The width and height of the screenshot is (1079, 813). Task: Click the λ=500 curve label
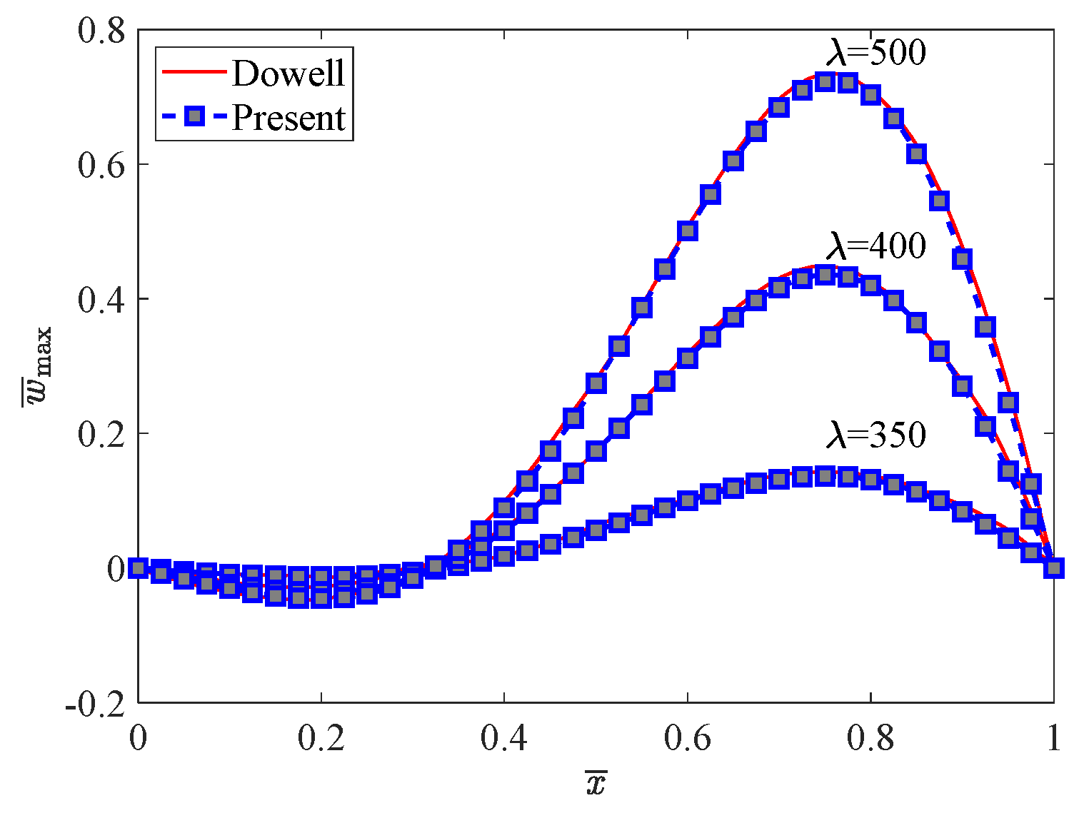tap(875, 53)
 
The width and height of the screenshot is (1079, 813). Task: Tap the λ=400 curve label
tap(875, 246)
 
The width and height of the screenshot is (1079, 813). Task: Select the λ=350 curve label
tap(875, 435)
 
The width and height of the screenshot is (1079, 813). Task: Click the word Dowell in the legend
tap(288, 73)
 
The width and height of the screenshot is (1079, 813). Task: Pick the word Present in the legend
tap(288, 118)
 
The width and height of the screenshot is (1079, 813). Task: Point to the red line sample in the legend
tap(193, 71)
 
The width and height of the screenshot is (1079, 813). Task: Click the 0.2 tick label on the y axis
tap(101, 434)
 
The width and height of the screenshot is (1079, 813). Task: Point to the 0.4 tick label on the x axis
tap(504, 739)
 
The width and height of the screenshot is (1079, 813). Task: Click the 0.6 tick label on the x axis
tap(687, 739)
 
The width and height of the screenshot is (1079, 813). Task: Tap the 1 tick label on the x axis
tap(1053, 739)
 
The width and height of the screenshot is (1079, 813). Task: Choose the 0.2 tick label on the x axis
tap(321, 739)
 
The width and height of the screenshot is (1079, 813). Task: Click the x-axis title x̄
tap(595, 784)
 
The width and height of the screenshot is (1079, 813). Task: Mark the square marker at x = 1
tap(1053, 568)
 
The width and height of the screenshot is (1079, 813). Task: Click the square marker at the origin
tap(139, 568)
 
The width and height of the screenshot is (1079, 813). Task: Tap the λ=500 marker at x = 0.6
tap(688, 231)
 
